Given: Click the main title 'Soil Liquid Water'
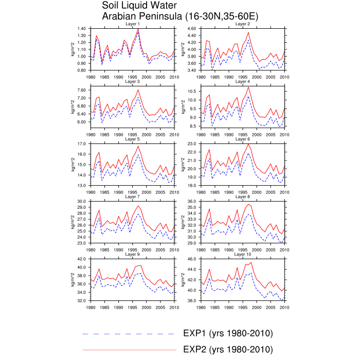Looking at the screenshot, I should [140, 6].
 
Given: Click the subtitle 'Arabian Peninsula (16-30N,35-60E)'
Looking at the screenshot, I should [180, 16].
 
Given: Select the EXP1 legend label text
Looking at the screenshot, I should [228, 333].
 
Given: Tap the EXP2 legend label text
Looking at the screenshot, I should [228, 350].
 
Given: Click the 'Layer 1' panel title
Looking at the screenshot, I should [132, 25].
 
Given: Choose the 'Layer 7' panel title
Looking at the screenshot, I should [132, 196].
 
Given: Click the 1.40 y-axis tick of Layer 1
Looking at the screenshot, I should [82, 28].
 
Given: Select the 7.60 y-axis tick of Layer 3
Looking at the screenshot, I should [82, 90].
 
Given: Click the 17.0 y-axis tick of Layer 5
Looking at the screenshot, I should [82, 143].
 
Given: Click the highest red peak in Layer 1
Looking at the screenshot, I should [138, 29].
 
